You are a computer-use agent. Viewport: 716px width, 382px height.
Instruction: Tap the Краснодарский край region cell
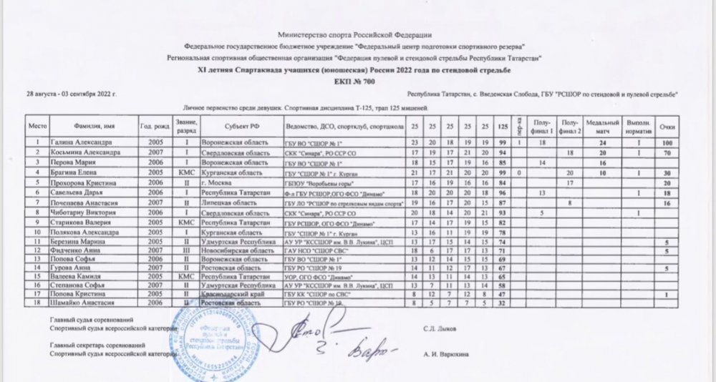tap(228, 294)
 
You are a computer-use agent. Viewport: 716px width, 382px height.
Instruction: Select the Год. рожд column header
tap(155, 127)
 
